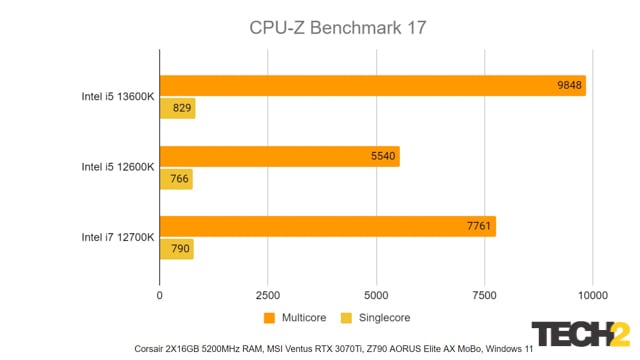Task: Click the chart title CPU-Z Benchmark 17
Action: pyautogui.click(x=338, y=28)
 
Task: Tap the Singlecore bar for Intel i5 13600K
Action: pyautogui.click(x=177, y=108)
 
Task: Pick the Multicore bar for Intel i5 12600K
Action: pyautogui.click(x=279, y=157)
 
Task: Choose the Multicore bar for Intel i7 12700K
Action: pyautogui.click(x=327, y=227)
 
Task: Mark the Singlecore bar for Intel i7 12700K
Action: pyautogui.click(x=176, y=249)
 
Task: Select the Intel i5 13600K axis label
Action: pyautogui.click(x=117, y=97)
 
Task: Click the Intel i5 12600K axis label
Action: pyautogui.click(x=117, y=168)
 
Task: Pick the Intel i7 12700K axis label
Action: pyautogui.click(x=117, y=238)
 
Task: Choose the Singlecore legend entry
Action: pyautogui.click(x=377, y=317)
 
